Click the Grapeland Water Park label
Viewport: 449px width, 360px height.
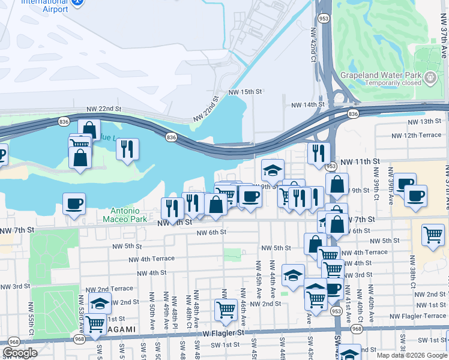(382, 76)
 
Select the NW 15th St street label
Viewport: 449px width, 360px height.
(246, 92)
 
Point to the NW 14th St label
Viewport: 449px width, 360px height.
(307, 104)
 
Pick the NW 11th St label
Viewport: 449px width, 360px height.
(360, 162)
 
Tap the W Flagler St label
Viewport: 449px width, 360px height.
(223, 332)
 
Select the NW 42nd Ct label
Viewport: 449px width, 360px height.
(313, 52)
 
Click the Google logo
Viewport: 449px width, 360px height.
(20, 353)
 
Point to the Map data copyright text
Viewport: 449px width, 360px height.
(412, 355)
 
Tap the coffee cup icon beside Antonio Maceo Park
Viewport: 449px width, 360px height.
(74, 203)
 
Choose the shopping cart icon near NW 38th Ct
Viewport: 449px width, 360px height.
(433, 235)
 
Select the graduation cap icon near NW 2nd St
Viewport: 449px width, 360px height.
(100, 302)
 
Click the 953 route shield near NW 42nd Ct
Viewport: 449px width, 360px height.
(323, 18)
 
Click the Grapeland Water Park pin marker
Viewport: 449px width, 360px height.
(430, 77)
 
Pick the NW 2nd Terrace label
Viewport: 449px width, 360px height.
(113, 289)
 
